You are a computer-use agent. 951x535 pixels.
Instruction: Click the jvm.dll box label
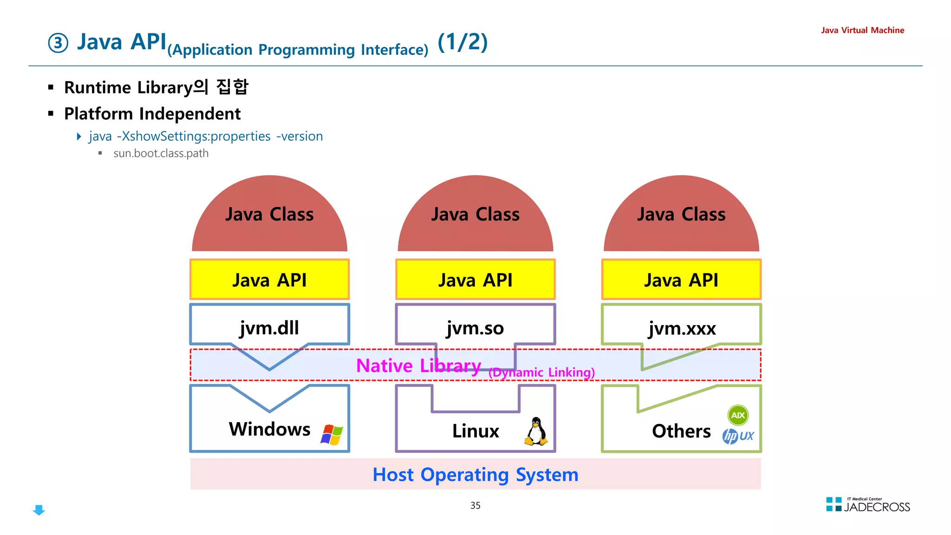[x=269, y=327]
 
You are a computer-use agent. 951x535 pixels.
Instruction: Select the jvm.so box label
[x=475, y=328]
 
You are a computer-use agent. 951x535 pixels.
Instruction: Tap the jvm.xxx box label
[x=682, y=328]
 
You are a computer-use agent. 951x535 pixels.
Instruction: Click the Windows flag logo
[x=332, y=435]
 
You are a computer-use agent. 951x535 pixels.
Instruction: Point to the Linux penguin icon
[x=536, y=431]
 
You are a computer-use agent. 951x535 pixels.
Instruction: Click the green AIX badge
[x=738, y=415]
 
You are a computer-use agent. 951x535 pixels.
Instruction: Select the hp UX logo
[x=738, y=436]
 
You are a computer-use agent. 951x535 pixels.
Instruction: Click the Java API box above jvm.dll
[x=269, y=280]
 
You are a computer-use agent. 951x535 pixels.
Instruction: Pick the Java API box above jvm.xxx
[x=681, y=280]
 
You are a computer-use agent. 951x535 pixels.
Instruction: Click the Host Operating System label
[x=475, y=475]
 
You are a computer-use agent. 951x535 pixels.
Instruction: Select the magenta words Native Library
[x=418, y=365]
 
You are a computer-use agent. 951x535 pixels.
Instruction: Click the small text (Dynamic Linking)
[x=541, y=372]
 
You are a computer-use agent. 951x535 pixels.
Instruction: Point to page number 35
[x=475, y=505]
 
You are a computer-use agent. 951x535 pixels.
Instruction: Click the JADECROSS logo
[x=868, y=505]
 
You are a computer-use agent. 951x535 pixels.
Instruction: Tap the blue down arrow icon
[x=39, y=510]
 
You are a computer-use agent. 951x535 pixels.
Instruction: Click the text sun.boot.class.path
[x=161, y=153]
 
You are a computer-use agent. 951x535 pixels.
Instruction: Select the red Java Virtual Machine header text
[x=862, y=30]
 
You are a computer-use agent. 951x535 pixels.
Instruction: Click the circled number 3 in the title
[x=58, y=43]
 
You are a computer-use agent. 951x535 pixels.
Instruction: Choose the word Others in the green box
[x=681, y=431]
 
